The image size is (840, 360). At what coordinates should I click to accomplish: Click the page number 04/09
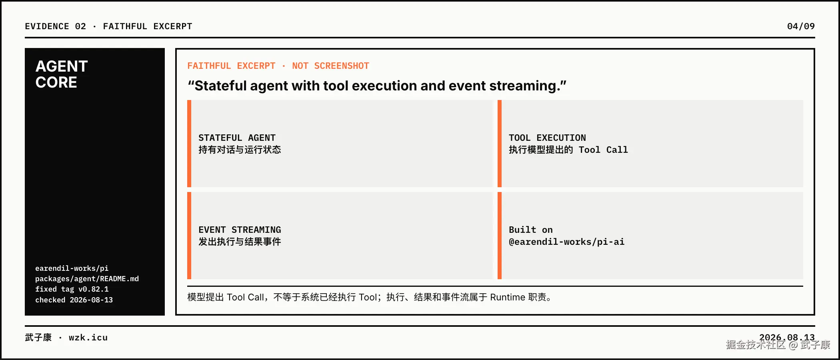801,26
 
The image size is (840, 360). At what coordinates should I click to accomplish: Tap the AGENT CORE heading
62,74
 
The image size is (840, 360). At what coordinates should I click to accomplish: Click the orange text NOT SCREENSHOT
330,66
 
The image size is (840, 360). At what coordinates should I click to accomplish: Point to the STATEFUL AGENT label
237,138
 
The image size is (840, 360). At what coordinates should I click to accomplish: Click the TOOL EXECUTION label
547,138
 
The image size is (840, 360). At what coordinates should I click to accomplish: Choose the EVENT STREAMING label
240,230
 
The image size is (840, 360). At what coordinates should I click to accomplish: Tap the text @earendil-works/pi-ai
566,242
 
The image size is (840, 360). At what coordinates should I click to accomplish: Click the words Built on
531,230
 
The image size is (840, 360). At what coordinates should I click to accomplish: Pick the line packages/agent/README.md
87,279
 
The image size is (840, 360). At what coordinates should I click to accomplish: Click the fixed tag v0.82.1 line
72,289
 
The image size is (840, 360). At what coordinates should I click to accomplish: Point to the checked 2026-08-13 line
74,300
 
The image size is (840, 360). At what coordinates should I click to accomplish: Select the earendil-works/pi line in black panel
72,268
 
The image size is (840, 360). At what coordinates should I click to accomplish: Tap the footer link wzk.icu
88,338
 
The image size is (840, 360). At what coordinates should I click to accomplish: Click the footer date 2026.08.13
787,338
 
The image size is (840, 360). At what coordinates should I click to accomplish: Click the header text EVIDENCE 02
55,26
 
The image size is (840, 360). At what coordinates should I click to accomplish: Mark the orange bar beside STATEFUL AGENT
189,144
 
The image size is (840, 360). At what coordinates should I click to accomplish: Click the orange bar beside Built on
500,236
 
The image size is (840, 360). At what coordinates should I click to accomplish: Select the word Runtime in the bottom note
508,297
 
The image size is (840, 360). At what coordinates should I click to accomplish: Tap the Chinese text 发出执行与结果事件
240,242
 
